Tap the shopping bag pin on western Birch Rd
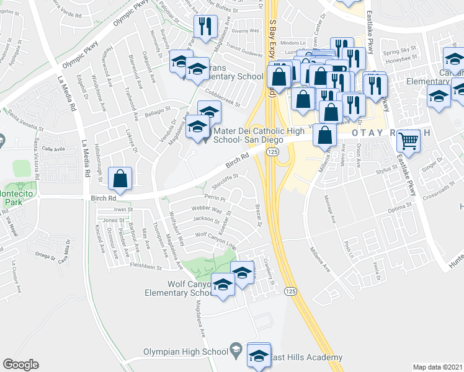120,179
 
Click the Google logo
20,365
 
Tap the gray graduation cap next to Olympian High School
236,351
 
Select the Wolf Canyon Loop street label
215,239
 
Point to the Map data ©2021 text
437,367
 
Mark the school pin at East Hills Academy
258,355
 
